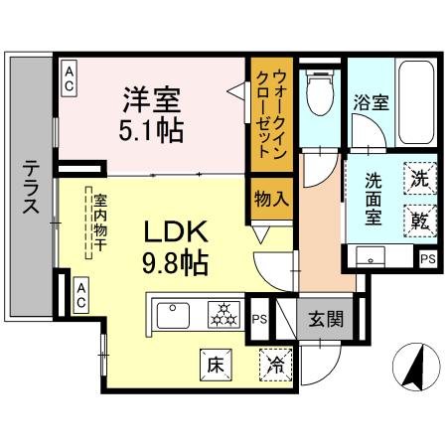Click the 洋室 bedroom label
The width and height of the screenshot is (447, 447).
pyautogui.click(x=151, y=101)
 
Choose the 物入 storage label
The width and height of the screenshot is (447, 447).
pyautogui.click(x=271, y=198)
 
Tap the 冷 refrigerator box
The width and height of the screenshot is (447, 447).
pyautogui.click(x=274, y=365)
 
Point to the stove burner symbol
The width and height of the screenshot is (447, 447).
pyautogui.click(x=221, y=316)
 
